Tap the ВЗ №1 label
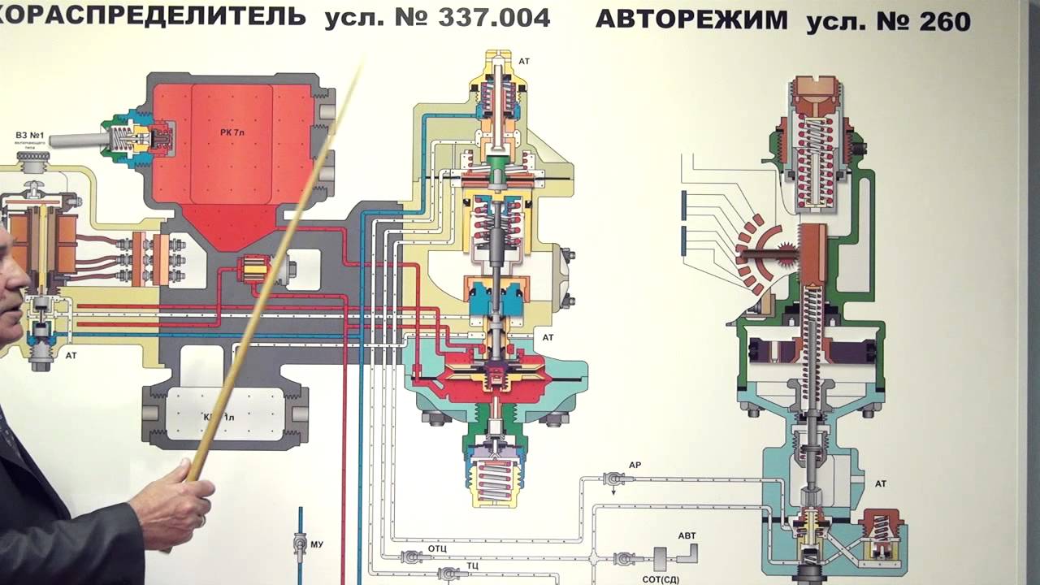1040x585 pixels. (29, 135)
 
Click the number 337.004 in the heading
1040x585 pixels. (493, 17)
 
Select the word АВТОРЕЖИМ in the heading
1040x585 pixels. (691, 19)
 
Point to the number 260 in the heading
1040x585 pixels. (945, 21)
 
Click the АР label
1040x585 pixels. (635, 466)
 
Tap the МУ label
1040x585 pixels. (317, 544)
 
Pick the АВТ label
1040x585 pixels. (687, 536)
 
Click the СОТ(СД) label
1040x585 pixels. (661, 578)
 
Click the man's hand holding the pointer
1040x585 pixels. (175, 504)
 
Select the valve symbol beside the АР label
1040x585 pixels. (613, 480)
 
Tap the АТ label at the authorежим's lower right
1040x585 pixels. (881, 484)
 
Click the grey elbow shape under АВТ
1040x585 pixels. (688, 554)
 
